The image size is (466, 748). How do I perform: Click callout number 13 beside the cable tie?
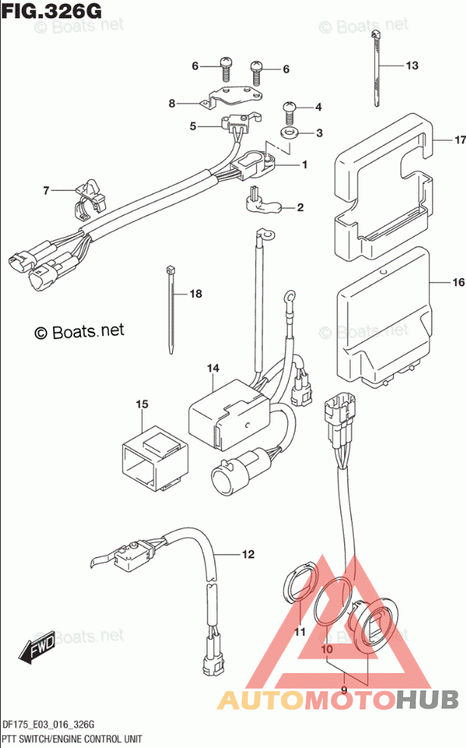411,66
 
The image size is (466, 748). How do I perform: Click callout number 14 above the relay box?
213,369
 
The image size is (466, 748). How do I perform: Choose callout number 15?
141,405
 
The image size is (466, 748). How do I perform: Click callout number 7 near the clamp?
45,191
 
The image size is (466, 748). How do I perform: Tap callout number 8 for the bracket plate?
172,103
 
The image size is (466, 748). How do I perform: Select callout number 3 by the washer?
319,133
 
